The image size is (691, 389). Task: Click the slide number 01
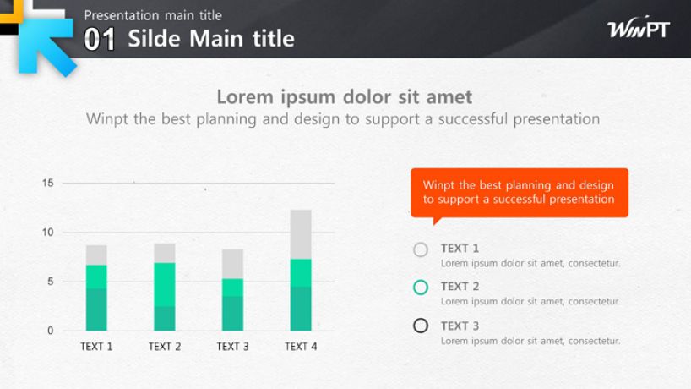pyautogui.click(x=100, y=40)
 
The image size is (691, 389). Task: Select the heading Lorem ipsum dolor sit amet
pyautogui.click(x=344, y=97)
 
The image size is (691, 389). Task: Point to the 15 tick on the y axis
pyautogui.click(x=48, y=183)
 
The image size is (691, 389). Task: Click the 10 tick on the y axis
pyautogui.click(x=48, y=233)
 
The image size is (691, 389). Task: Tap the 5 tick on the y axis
pyautogui.click(x=51, y=282)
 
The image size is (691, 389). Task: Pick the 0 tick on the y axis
pyautogui.click(x=51, y=331)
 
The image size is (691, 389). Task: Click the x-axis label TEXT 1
pyautogui.click(x=96, y=347)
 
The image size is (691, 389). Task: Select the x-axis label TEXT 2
pyautogui.click(x=165, y=347)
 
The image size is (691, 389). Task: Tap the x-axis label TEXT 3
pyautogui.click(x=232, y=347)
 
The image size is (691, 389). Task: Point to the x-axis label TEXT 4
pyautogui.click(x=301, y=347)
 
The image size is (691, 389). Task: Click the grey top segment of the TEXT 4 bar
pyautogui.click(x=301, y=234)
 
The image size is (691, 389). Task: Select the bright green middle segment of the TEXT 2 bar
pyautogui.click(x=165, y=284)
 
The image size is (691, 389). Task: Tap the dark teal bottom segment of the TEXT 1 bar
pyautogui.click(x=96, y=310)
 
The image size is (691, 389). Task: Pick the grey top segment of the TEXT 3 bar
pyautogui.click(x=232, y=264)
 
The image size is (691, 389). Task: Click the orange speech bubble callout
pyautogui.click(x=520, y=193)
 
